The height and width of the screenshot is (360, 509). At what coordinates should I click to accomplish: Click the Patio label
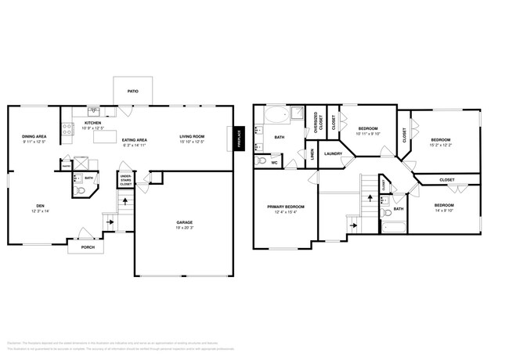pos(133,92)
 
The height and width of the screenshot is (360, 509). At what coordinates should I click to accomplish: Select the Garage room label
pos(184,222)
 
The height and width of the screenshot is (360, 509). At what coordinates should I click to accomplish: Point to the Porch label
pos(88,247)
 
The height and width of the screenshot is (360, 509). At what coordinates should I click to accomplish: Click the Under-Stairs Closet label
pos(125,181)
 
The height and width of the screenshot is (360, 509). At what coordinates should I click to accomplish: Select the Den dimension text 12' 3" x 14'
pos(40,211)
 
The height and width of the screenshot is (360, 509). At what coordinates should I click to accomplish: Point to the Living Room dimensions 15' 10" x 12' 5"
pos(192,142)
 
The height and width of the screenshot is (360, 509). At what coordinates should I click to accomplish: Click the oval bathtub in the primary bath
pos(276,116)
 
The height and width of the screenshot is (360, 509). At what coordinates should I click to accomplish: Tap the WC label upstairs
pos(273,163)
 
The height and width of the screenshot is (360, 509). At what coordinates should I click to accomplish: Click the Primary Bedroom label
pos(285,207)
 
